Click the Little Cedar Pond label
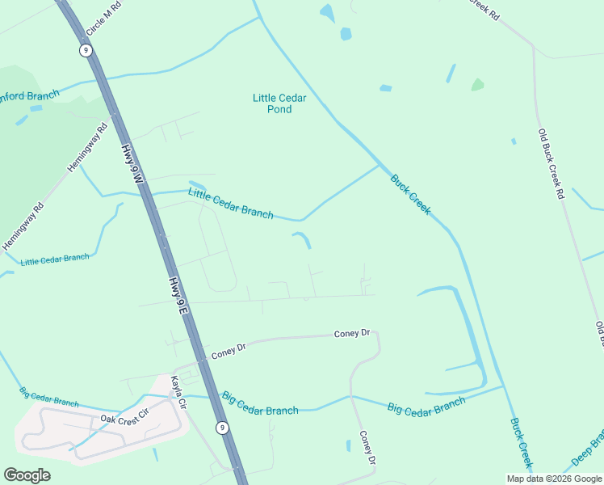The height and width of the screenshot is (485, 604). pyautogui.click(x=279, y=103)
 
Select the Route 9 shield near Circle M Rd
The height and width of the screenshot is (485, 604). pyautogui.click(x=85, y=50)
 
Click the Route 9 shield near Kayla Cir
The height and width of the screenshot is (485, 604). pyautogui.click(x=222, y=428)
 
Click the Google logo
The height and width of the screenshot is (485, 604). pyautogui.click(x=27, y=475)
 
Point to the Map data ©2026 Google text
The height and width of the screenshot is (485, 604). pyautogui.click(x=553, y=479)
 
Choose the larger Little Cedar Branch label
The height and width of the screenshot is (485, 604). pyautogui.click(x=230, y=203)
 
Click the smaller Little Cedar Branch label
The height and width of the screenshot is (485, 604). pyautogui.click(x=55, y=259)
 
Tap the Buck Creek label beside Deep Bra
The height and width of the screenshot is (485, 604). pyautogui.click(x=521, y=443)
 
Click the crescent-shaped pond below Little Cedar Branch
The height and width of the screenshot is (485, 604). pyautogui.click(x=302, y=239)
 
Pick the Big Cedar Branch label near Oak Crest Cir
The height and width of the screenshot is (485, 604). pyautogui.click(x=49, y=397)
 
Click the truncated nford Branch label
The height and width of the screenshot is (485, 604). pyautogui.click(x=31, y=96)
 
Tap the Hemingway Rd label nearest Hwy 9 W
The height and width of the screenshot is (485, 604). pyautogui.click(x=87, y=145)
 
